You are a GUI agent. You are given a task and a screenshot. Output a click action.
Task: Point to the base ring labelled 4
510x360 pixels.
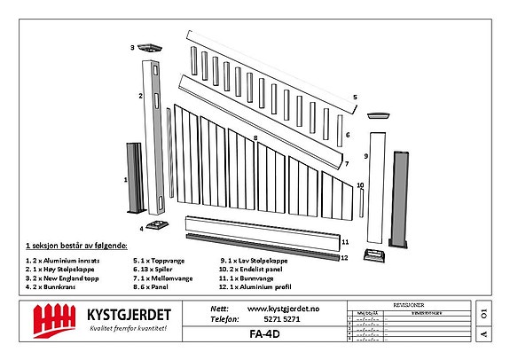(156, 223)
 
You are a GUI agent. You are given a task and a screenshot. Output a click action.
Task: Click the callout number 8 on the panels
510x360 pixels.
(255, 138)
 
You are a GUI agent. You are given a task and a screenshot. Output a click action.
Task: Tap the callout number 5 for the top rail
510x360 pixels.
(354, 97)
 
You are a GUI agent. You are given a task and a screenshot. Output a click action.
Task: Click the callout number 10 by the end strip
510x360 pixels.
(359, 185)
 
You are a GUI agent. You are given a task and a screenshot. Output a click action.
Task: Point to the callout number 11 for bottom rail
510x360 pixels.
(345, 240)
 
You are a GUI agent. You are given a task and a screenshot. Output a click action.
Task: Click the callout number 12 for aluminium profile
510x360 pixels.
(345, 258)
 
